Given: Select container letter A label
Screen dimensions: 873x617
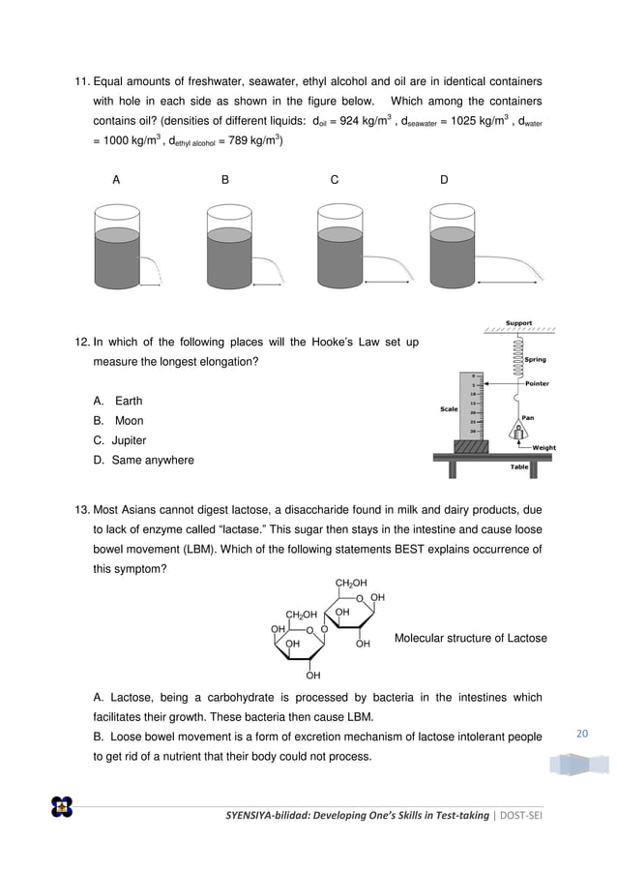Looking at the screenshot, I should click(x=116, y=179).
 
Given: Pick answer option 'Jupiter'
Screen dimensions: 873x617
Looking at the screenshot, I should click(x=129, y=440).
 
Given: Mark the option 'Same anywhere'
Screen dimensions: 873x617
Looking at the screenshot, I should click(x=152, y=460).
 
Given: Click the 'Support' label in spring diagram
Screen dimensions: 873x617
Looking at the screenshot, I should click(x=518, y=323).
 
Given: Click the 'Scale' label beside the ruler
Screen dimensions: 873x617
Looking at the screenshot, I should click(x=449, y=408).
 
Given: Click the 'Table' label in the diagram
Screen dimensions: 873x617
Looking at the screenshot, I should click(x=520, y=466).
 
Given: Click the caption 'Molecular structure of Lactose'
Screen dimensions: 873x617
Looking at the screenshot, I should click(x=470, y=638).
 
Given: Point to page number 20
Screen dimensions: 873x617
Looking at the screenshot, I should click(x=581, y=735).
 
